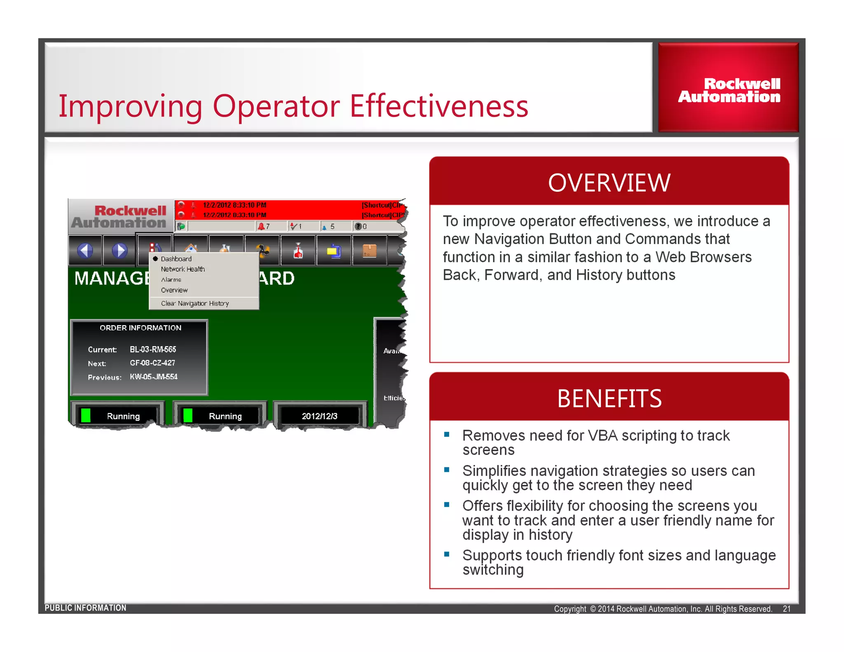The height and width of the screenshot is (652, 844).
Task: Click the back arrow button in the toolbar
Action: (x=85, y=250)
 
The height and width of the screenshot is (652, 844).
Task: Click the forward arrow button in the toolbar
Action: (x=120, y=250)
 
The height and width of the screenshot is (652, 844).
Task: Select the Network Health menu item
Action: (x=183, y=269)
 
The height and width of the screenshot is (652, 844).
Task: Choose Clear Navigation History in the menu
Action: (x=195, y=303)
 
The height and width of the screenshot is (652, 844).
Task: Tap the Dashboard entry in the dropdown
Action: (x=176, y=259)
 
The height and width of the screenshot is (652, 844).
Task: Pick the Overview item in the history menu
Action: (x=174, y=290)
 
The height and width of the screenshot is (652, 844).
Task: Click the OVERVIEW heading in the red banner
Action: (x=609, y=183)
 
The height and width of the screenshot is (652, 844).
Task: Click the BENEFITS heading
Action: (x=609, y=399)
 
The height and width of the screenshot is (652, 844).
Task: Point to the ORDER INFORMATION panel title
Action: (x=140, y=328)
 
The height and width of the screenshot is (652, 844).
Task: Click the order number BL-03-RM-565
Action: (x=153, y=349)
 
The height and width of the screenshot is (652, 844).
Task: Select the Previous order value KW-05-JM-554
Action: (x=153, y=377)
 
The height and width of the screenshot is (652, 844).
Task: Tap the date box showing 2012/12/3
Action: (x=319, y=416)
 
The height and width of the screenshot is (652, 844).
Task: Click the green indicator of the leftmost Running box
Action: (x=86, y=415)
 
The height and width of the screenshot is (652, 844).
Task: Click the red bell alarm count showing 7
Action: (x=264, y=226)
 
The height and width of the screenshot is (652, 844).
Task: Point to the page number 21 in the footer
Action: (x=786, y=609)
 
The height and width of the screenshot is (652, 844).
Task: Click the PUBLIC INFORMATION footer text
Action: (x=85, y=608)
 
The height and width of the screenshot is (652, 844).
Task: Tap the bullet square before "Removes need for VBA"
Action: (x=446, y=434)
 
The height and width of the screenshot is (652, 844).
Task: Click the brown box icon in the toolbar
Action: (x=369, y=250)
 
